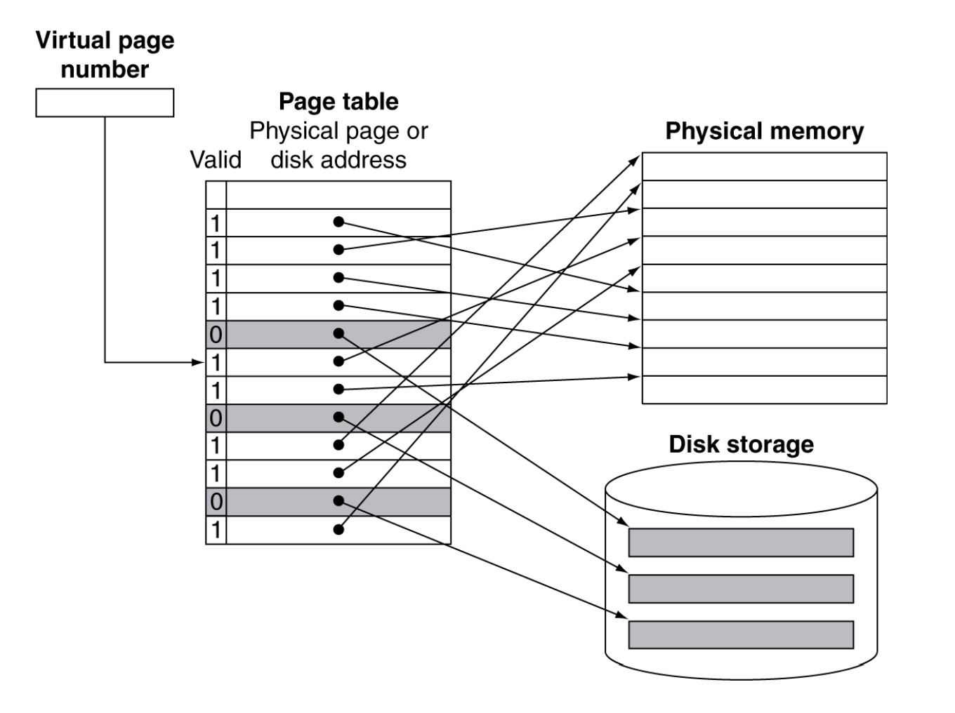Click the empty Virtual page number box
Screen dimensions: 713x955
pyautogui.click(x=105, y=102)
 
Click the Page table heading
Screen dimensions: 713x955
pyautogui.click(x=338, y=102)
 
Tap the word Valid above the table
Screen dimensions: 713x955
pyautogui.click(x=216, y=160)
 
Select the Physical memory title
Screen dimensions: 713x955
pyautogui.click(x=764, y=131)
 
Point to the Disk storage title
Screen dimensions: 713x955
pyautogui.click(x=741, y=444)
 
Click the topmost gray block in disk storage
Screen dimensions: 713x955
pyautogui.click(x=741, y=542)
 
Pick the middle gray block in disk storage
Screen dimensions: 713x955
pyautogui.click(x=741, y=589)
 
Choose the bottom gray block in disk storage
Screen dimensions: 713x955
pyautogui.click(x=741, y=634)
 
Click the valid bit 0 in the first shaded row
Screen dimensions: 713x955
pyautogui.click(x=216, y=334)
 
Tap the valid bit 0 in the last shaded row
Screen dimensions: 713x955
pyautogui.click(x=216, y=502)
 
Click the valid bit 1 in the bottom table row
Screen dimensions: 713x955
pyautogui.click(x=216, y=530)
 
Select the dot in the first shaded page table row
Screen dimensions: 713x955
pyautogui.click(x=338, y=333)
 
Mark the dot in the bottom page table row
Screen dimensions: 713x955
pyautogui.click(x=338, y=529)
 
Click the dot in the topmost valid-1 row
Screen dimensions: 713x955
pyautogui.click(x=338, y=222)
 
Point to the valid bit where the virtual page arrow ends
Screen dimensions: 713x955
pyautogui.click(x=216, y=362)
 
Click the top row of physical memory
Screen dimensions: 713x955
pyautogui.click(x=764, y=166)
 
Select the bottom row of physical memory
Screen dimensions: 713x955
pyautogui.click(x=764, y=390)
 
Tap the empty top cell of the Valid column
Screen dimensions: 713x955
pyautogui.click(x=216, y=194)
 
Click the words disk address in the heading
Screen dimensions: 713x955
pyautogui.click(x=338, y=160)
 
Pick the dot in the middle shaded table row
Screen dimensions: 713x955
pyautogui.click(x=338, y=417)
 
